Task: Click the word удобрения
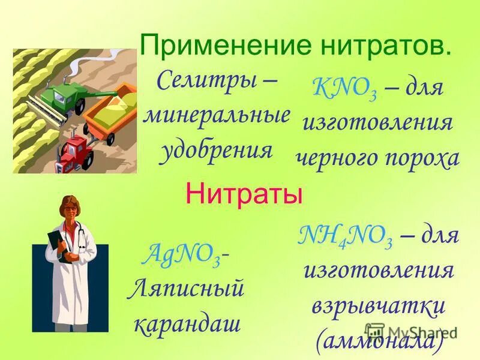coord(216,149)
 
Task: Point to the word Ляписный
coord(187,289)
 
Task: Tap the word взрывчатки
coord(378,306)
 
